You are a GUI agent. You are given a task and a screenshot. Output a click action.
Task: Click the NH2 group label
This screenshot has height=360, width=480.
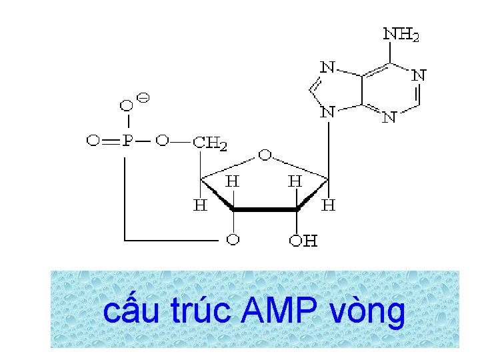pyautogui.click(x=401, y=34)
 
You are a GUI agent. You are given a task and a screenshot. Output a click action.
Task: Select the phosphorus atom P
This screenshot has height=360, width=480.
pyautogui.click(x=127, y=141)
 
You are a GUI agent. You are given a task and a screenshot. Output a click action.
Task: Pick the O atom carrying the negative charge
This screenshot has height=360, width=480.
pyautogui.click(x=125, y=106)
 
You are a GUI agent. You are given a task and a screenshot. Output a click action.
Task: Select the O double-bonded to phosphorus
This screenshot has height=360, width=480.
pyautogui.click(x=93, y=141)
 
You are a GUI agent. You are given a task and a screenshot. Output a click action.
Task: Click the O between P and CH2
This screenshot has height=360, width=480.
pyautogui.click(x=163, y=141)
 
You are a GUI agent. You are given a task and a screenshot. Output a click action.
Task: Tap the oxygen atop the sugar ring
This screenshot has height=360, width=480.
pyautogui.click(x=265, y=156)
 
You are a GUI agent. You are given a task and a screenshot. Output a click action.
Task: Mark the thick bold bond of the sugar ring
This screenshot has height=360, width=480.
pyautogui.click(x=265, y=209)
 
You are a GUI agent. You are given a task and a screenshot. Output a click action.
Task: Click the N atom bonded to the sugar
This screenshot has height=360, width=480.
pyautogui.click(x=327, y=113)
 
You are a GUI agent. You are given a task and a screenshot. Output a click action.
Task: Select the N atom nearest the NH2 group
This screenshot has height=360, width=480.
pyautogui.click(x=418, y=75)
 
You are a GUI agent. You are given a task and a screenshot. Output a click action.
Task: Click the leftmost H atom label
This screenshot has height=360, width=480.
pyautogui.click(x=200, y=205)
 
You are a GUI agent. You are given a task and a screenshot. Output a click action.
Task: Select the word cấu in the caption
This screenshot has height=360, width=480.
pyautogui.click(x=131, y=311)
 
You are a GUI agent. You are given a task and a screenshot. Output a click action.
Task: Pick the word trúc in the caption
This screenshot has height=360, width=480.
pyautogui.click(x=203, y=311)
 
